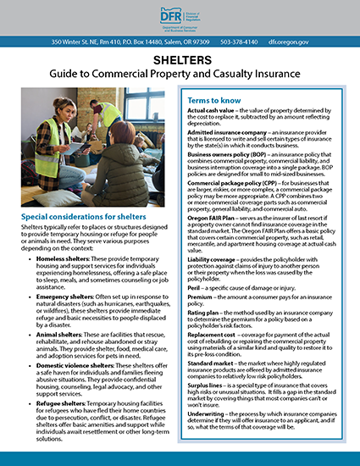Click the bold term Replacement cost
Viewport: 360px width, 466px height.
tap(213, 343)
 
